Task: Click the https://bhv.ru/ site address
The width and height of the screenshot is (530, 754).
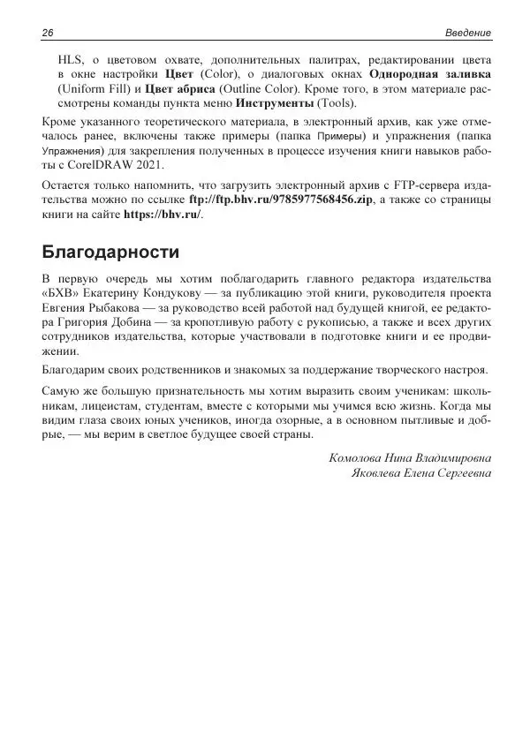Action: coord(163,216)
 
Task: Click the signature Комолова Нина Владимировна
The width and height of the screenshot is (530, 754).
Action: coord(410,458)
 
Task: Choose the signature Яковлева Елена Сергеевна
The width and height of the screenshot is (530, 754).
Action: coord(421,473)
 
